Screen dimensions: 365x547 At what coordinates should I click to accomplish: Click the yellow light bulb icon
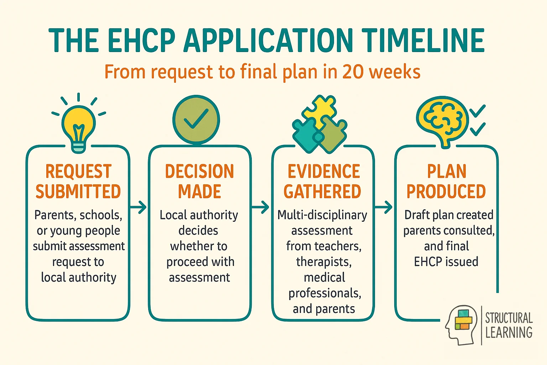(78, 125)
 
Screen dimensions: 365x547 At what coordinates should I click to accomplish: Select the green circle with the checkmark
(196, 120)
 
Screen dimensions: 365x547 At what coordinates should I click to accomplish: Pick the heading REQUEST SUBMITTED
(78, 181)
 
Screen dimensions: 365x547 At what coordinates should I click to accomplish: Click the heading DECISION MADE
(199, 181)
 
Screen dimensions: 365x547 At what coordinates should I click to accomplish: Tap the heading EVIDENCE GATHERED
(323, 181)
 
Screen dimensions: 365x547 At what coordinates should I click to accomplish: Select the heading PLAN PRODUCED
(446, 181)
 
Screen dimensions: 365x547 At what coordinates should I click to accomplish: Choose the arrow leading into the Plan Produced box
(384, 207)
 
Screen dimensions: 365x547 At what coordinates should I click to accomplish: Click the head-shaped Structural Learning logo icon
(460, 324)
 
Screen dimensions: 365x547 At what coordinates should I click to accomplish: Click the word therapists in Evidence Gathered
(324, 262)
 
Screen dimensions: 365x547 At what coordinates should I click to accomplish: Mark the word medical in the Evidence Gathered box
(324, 278)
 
